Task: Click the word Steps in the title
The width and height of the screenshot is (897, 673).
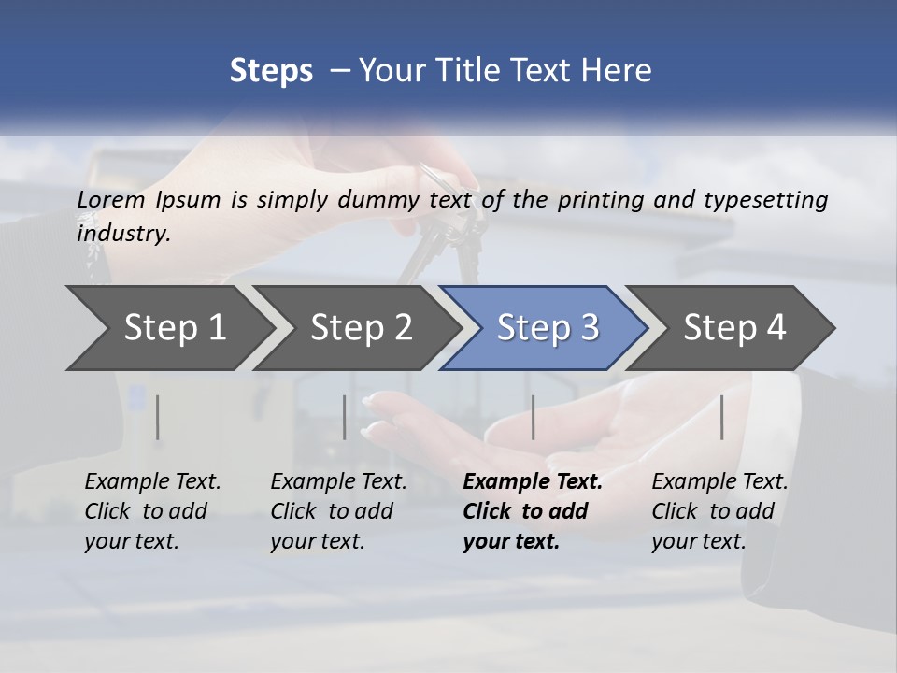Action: click(x=271, y=71)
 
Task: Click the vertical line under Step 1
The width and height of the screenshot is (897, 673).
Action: click(x=158, y=417)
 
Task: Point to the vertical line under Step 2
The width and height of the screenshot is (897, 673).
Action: click(x=345, y=417)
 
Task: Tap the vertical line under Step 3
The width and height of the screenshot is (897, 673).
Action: click(x=533, y=417)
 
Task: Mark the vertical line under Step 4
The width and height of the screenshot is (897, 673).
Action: click(x=722, y=417)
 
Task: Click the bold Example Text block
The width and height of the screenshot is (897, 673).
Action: click(x=531, y=511)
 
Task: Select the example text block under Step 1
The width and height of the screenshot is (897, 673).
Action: click(x=152, y=511)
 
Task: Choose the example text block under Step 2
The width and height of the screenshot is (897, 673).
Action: click(x=338, y=511)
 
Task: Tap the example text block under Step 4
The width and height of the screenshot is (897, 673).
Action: click(x=719, y=511)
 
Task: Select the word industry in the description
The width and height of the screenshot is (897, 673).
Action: click(x=123, y=234)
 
